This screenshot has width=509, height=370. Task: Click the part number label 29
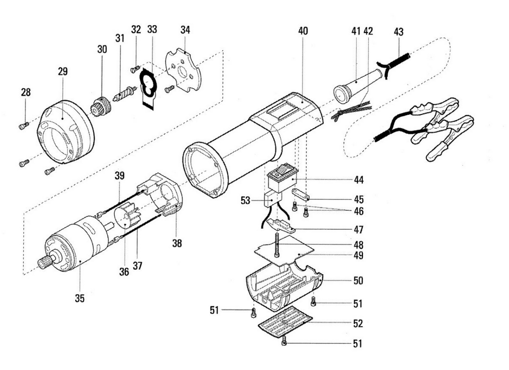63,71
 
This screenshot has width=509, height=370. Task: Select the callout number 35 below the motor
80,298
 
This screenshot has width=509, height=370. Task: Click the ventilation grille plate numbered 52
285,320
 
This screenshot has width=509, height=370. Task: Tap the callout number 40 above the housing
302,31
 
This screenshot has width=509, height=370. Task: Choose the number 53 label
245,201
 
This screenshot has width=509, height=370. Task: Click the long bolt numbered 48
277,244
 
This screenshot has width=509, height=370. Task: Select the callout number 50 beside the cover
358,281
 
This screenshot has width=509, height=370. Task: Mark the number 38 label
177,243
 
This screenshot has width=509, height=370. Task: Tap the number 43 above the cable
399,32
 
